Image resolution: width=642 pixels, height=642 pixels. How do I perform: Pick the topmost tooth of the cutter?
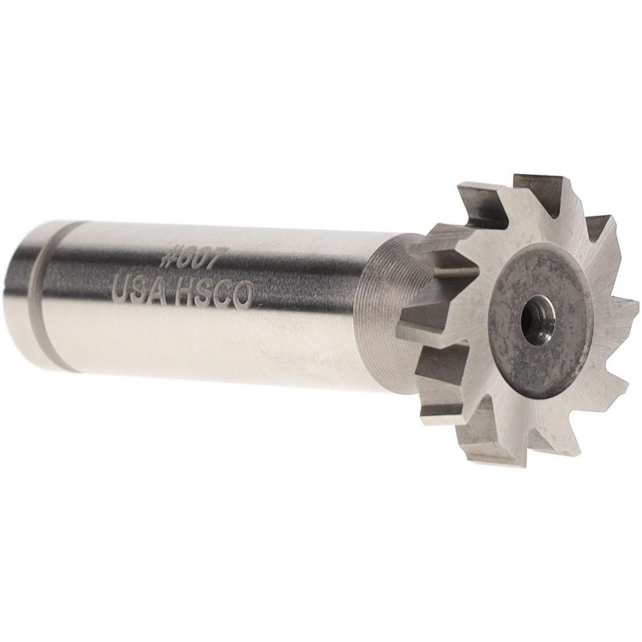coord(542,183)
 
